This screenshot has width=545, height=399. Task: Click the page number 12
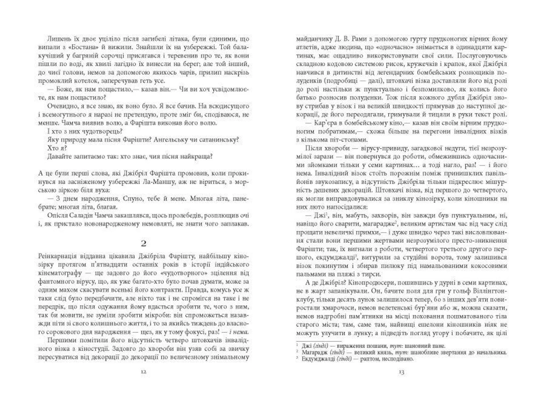click(143, 372)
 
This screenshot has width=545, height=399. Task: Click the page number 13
click(401, 372)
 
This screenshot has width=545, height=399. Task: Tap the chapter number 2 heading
click(143, 243)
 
